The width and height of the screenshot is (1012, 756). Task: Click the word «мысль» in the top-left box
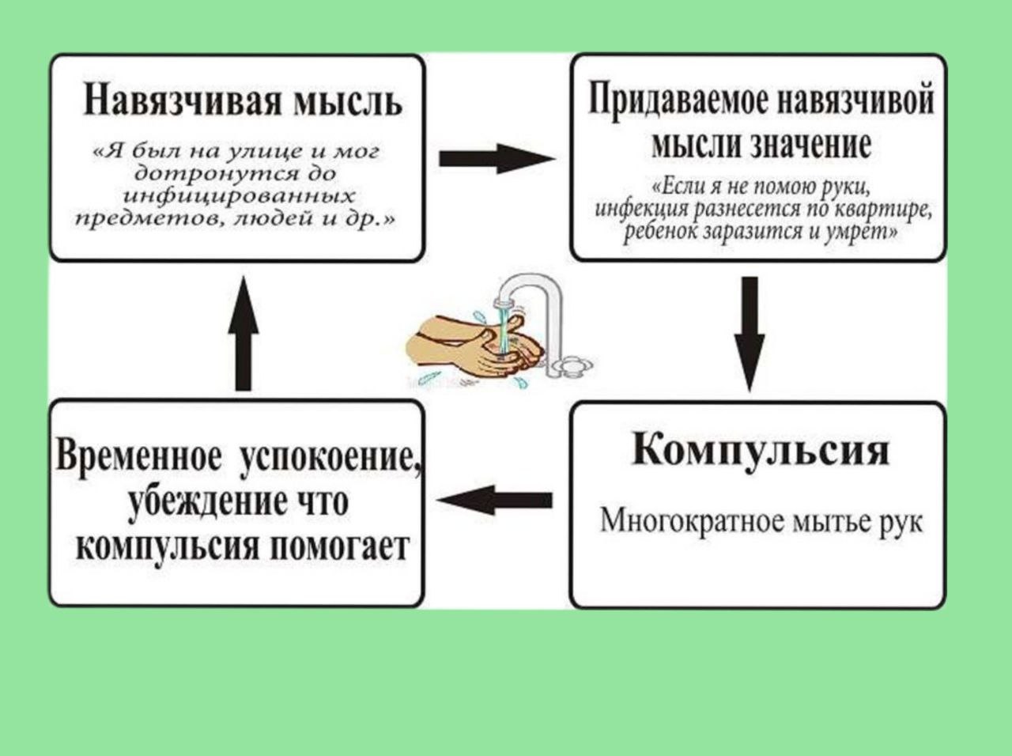click(x=348, y=103)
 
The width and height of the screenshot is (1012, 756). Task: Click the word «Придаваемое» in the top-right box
click(x=673, y=101)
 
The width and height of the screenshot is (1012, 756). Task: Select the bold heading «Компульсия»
click(x=761, y=451)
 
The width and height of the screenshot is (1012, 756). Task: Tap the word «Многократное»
click(x=682, y=521)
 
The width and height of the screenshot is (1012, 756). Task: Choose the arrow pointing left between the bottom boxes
click(x=495, y=501)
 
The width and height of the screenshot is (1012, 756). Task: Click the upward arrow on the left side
click(x=244, y=333)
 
